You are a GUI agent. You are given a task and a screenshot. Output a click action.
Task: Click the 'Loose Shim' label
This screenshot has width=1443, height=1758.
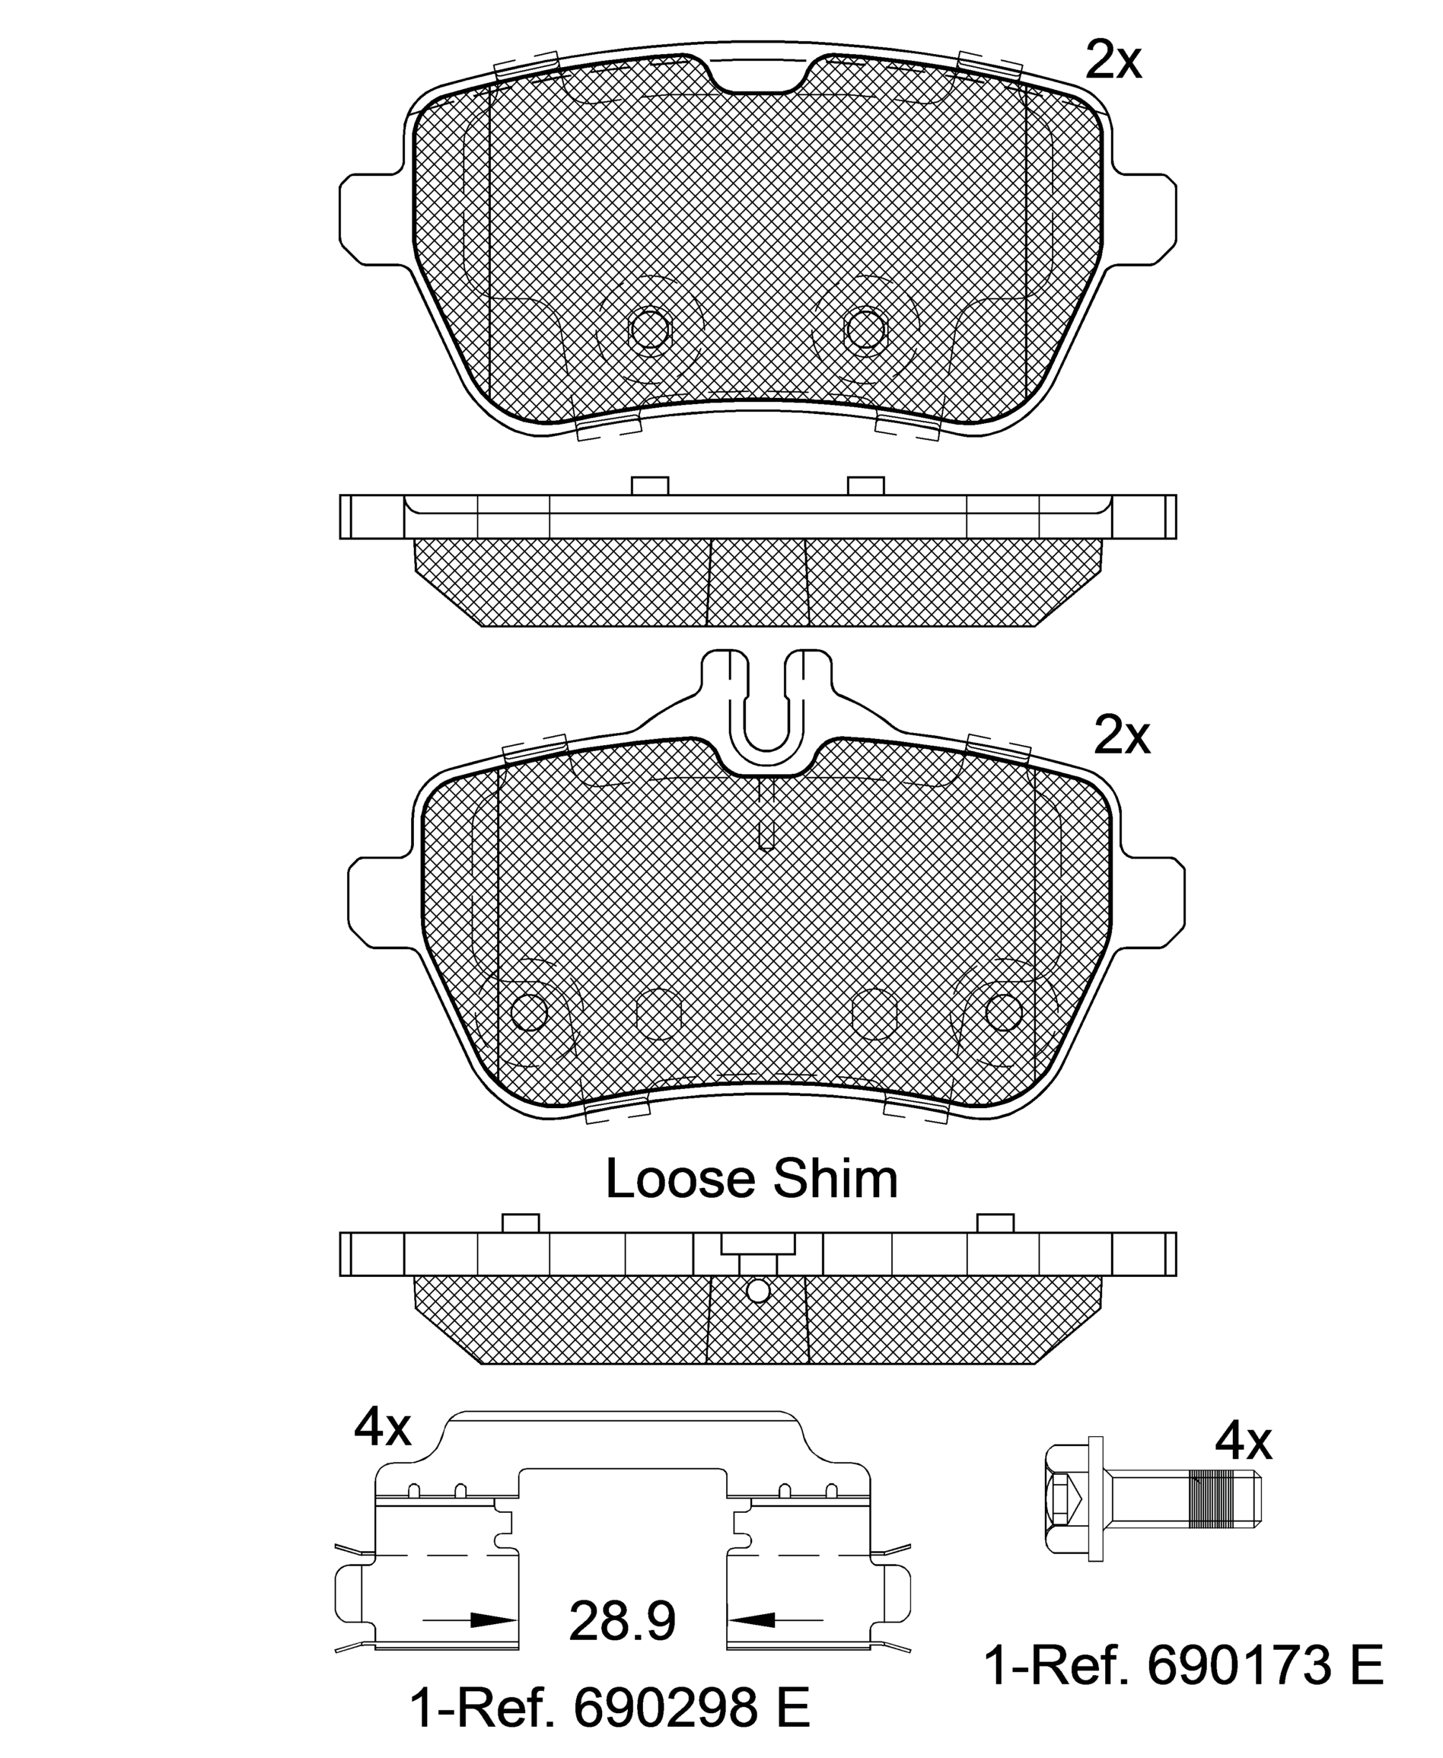coord(751,1179)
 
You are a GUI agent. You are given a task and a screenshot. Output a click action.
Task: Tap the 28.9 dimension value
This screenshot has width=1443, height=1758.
coord(622,1620)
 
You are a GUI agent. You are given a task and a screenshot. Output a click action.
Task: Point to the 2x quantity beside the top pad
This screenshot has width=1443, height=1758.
coord(1114,60)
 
